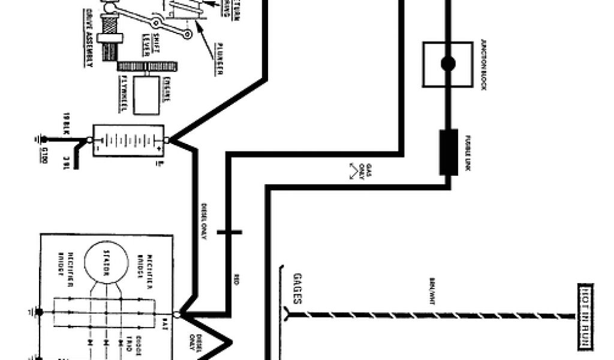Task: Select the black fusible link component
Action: pos(449,152)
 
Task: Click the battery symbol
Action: pos(128,140)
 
